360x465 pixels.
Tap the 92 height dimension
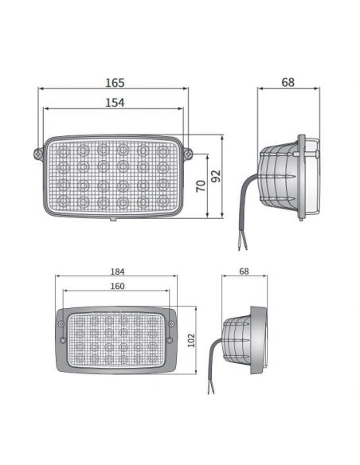(214, 176)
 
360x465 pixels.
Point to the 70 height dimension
(201, 186)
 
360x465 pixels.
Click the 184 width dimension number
(117, 272)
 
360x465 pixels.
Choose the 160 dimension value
(117, 287)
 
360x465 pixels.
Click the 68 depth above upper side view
(288, 83)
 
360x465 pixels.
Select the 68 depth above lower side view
(243, 272)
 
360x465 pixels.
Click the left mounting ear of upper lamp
(36, 152)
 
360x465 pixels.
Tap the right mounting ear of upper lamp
(189, 152)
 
